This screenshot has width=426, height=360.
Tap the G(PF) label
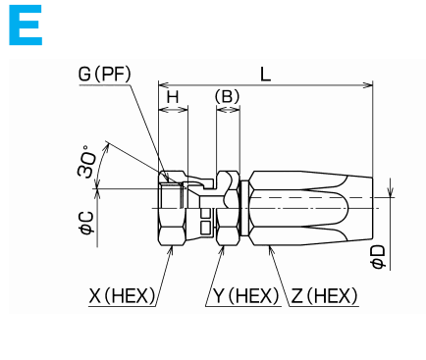point(105,75)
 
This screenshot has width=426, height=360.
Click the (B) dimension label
point(228,96)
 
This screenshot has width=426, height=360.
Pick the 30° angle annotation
point(88,162)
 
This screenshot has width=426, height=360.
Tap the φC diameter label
point(86,225)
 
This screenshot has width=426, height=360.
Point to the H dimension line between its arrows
point(173,111)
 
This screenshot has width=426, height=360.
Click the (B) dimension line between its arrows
point(228,111)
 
